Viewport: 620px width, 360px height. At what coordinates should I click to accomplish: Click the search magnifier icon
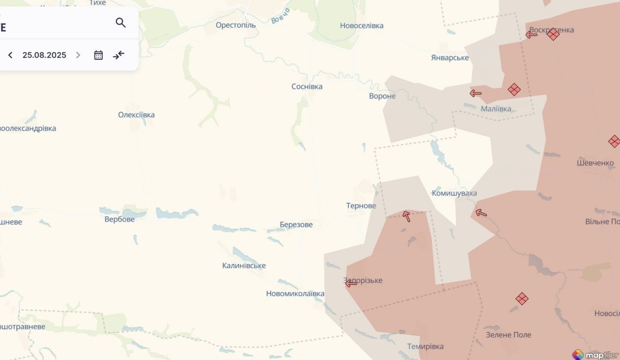121,23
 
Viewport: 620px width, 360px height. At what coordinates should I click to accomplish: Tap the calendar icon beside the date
98,55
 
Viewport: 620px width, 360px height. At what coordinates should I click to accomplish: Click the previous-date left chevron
10,55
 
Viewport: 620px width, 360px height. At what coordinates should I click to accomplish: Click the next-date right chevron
78,55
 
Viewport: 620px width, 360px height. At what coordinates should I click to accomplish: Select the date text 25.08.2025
44,55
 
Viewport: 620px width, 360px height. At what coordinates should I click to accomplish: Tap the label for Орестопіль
236,25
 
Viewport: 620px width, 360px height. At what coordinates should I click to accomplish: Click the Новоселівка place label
362,25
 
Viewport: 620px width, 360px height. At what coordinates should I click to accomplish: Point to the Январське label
450,57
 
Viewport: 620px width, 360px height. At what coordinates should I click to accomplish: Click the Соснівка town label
307,86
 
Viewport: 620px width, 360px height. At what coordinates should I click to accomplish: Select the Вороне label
382,96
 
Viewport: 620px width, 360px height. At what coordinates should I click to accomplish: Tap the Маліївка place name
496,108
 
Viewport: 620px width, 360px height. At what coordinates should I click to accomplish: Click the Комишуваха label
454,193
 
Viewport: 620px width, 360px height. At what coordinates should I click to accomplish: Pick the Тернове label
361,206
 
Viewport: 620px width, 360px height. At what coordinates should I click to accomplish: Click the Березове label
296,225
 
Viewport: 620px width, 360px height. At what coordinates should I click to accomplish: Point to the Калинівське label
244,265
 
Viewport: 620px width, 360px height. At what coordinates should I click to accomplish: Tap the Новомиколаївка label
295,293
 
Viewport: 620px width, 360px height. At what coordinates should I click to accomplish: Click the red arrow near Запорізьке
351,284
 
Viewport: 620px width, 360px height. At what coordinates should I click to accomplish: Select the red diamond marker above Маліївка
514,89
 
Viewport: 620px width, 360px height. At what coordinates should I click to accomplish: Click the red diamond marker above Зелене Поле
522,298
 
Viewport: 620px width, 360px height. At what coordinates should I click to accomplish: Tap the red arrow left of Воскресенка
531,35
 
